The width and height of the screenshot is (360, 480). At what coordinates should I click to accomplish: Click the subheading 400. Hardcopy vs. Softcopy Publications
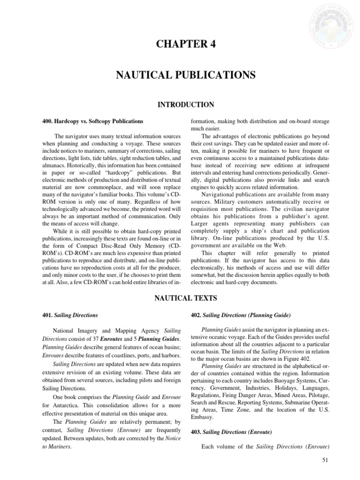[93, 121]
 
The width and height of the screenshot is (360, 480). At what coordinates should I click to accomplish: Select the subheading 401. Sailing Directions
[70, 315]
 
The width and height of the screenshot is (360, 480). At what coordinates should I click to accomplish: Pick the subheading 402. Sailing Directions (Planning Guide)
[240, 315]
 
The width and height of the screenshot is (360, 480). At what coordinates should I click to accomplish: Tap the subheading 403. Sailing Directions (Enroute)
[231, 431]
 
